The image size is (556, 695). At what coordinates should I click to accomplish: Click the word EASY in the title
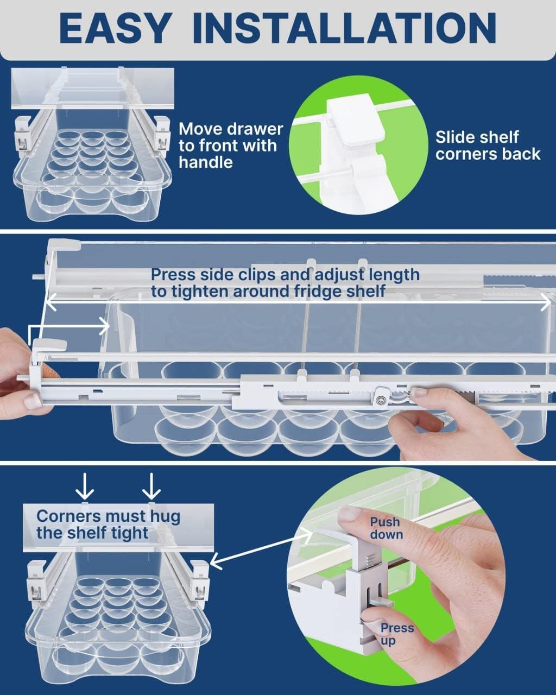115,28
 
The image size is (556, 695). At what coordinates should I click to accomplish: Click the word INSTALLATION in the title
344,28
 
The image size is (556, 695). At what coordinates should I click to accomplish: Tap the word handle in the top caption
206,162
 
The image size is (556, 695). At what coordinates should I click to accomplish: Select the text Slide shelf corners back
487,146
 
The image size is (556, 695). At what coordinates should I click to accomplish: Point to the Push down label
386,528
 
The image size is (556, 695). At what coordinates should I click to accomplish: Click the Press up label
396,634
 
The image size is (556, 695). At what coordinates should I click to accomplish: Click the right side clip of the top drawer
162,133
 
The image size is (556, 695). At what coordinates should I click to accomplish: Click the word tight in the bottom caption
130,533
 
